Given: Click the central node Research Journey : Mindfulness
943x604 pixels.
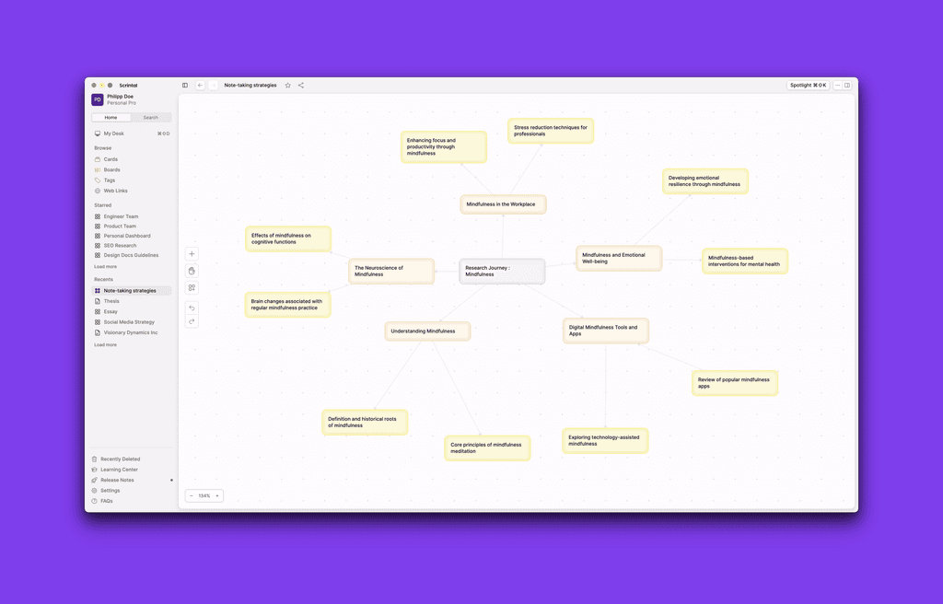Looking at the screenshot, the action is coord(502,272).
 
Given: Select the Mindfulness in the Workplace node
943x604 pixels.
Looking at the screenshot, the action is coord(503,204).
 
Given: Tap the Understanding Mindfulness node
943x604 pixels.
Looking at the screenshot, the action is coord(427,331).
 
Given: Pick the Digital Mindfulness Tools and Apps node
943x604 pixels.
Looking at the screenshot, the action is coord(606,331).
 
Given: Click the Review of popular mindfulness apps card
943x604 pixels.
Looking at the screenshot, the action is coord(735,383).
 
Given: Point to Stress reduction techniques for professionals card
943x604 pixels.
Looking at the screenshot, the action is coord(551,131).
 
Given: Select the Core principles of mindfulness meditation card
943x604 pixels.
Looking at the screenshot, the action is coord(487,448).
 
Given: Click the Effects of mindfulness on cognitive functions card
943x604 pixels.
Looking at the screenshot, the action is coord(287,239).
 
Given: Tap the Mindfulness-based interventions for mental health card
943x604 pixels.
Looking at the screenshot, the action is coord(744,261).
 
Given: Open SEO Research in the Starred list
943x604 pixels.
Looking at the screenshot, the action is coord(120,246).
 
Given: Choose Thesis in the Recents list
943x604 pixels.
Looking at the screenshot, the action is coord(111,301).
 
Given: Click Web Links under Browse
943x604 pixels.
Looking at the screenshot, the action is coord(116,191).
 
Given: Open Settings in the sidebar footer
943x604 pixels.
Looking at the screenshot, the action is coord(111,491).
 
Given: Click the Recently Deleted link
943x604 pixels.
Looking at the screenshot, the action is coord(121,459).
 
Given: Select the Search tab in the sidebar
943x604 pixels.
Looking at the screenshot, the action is coord(150,118).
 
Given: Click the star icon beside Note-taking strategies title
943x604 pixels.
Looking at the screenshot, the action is coord(287,86).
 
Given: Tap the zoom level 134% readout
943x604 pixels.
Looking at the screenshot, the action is coord(204,496).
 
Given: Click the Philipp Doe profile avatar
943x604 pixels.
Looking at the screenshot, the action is coord(98,99).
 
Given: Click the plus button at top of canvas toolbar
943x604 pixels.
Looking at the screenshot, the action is coord(192,254).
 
